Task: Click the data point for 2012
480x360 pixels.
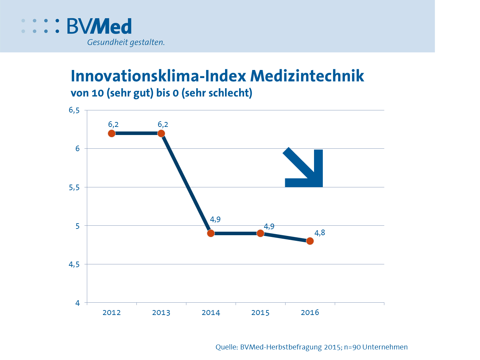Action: [111, 133]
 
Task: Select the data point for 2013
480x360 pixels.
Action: [161, 133]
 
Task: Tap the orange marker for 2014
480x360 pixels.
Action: [211, 233]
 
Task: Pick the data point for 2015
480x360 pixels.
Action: [260, 233]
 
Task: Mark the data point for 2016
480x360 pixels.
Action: [310, 241]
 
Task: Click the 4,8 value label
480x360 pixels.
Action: [320, 233]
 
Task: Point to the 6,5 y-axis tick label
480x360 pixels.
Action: [74, 110]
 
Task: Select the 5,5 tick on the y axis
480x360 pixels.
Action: [74, 187]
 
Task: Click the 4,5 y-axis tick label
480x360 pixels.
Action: [74, 264]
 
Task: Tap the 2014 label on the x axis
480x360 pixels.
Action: [211, 313]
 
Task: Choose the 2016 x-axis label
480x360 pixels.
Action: [310, 313]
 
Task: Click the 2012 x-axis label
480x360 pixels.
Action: [111, 313]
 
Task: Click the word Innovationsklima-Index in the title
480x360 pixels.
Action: [158, 76]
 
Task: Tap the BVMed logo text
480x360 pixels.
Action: [100, 26]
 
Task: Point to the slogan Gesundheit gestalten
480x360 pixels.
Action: [126, 43]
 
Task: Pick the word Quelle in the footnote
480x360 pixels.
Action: [226, 347]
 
